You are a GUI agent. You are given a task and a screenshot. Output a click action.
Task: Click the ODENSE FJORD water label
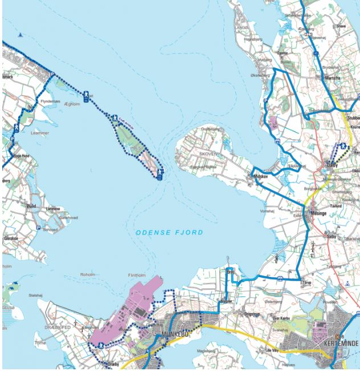[x=169, y=233]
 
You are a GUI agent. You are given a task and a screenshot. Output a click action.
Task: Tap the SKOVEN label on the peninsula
[x=208, y=154]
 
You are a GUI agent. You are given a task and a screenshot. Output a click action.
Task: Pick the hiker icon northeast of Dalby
[x=343, y=146]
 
